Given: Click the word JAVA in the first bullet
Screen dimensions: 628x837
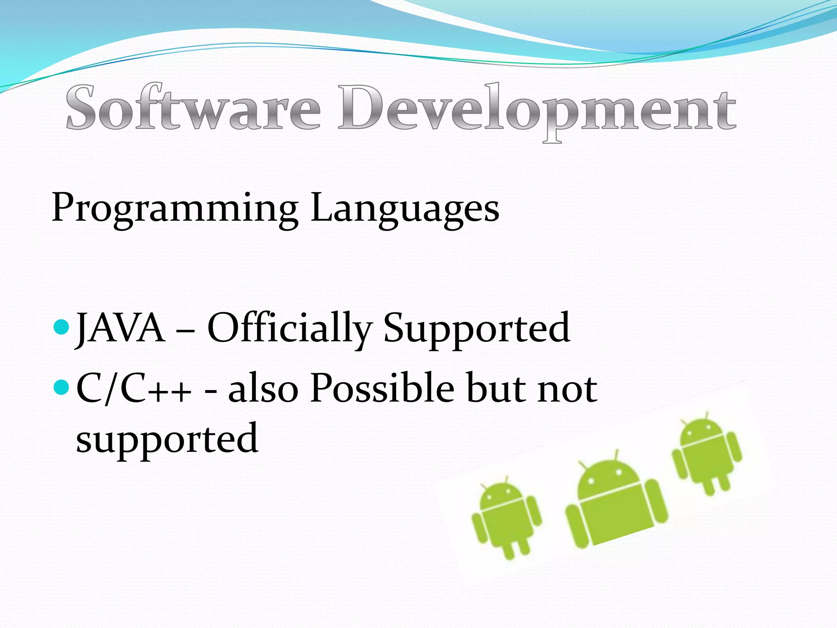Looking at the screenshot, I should [x=121, y=327].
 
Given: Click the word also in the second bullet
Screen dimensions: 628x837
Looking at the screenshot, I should [x=263, y=389].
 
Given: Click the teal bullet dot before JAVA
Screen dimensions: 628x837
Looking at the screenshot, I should [x=61, y=327].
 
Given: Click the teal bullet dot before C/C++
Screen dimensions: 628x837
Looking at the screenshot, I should [x=61, y=387].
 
